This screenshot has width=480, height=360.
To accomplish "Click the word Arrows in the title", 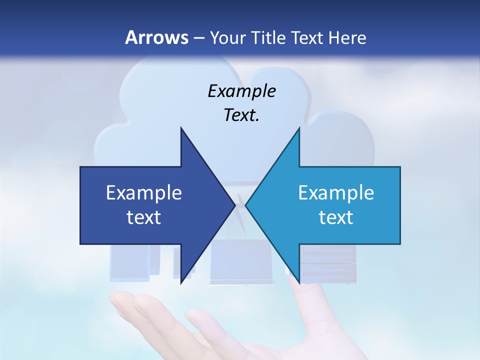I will [x=156, y=37].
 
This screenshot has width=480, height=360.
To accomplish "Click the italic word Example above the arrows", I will [x=241, y=91].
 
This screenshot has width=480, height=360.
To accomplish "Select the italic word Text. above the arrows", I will [x=241, y=115].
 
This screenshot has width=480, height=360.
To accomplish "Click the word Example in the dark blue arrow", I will [x=144, y=192].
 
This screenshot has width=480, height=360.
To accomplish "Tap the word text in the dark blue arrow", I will [x=144, y=217].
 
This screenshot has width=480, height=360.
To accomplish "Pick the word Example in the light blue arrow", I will [x=336, y=192].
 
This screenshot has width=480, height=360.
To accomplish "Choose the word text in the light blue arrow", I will [x=336, y=217].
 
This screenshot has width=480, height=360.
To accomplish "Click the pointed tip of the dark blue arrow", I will [x=235, y=205].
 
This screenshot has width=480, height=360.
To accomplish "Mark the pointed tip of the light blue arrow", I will [x=245, y=205].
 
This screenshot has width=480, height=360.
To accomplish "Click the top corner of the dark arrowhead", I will [x=181, y=128].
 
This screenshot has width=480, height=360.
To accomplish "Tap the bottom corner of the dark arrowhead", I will [x=181, y=283].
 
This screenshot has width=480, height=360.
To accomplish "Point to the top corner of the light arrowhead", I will [x=299, y=128].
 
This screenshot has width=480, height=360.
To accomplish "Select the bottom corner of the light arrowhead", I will [x=299, y=283].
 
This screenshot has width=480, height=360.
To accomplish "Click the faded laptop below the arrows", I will [x=243, y=262].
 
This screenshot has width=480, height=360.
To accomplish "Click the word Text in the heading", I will [x=307, y=38].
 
